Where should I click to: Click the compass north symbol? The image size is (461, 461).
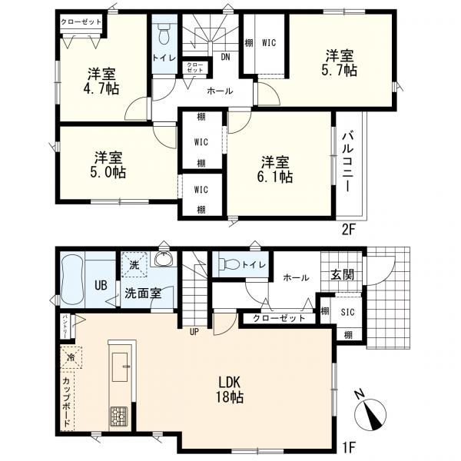tap(371, 416)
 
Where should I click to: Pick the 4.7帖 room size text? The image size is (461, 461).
tap(101, 88)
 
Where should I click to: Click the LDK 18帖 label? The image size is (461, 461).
tap(229, 390)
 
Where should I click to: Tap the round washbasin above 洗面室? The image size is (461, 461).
tap(162, 260)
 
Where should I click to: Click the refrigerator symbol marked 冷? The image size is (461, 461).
tap(71, 357)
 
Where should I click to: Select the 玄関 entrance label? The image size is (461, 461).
tap(342, 274)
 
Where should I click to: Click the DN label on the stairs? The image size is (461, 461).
tap(226, 56)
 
